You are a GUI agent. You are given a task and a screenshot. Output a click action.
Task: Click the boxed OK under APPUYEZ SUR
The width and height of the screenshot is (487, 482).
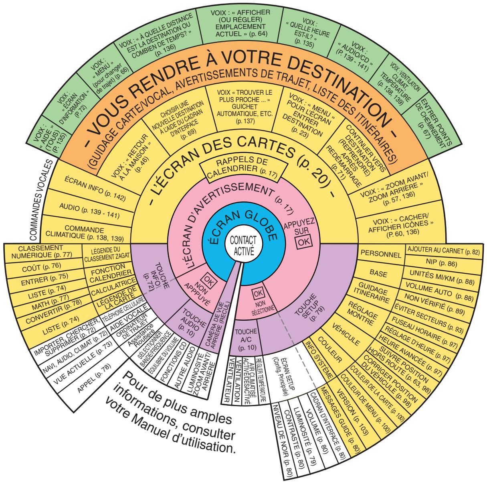click(304, 241)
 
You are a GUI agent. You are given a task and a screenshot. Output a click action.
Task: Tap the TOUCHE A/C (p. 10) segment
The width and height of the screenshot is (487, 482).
click(245, 339)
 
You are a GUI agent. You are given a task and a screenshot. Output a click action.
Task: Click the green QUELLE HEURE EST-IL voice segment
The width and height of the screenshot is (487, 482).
click(309, 33)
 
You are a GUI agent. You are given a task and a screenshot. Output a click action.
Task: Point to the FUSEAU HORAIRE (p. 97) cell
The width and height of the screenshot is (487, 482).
click(427, 325)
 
